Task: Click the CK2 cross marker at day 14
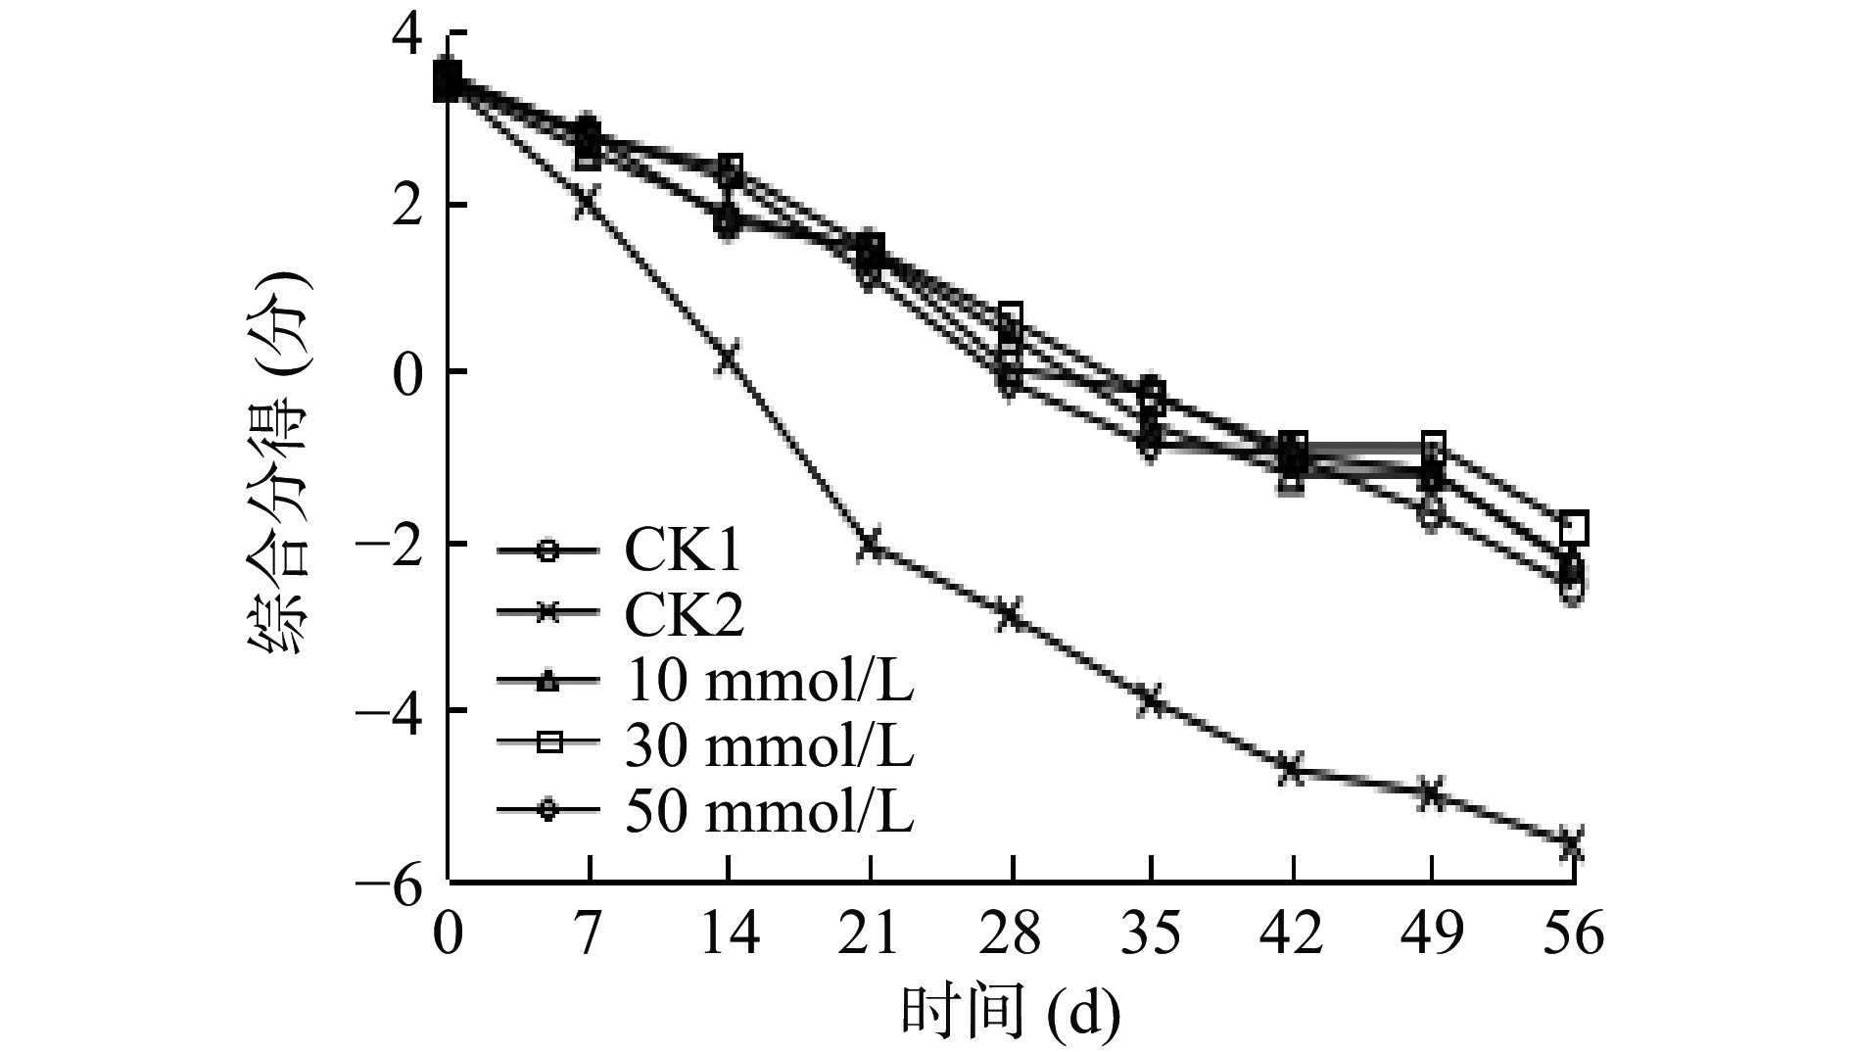point(729,357)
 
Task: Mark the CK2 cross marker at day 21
point(870,545)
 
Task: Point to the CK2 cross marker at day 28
point(1010,615)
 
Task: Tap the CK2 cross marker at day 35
point(1152,700)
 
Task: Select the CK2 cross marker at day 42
point(1292,769)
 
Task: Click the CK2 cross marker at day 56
point(1572,844)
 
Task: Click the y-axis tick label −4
point(392,710)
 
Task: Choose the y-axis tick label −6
point(392,883)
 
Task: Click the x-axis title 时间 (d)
point(1010,1014)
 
